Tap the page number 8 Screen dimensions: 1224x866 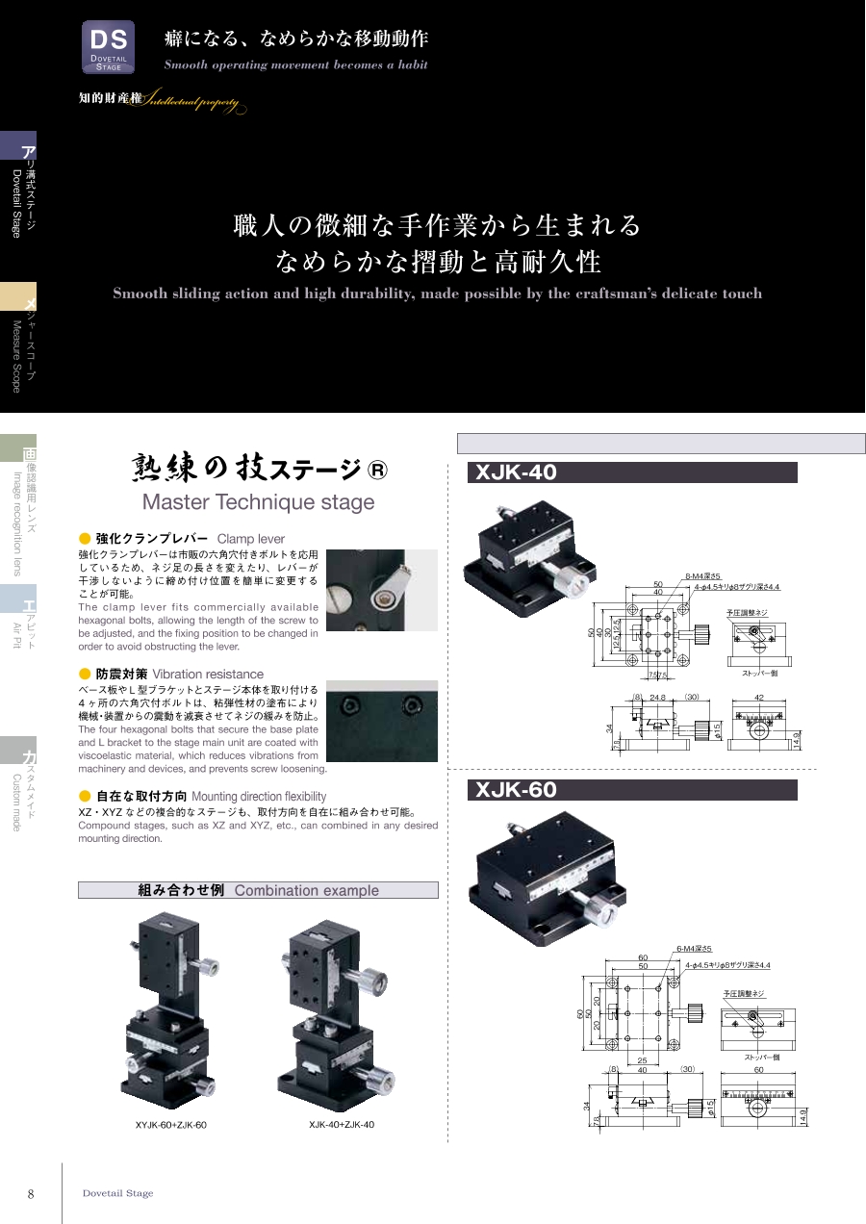click(x=31, y=1194)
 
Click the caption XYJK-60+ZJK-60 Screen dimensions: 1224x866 click(x=170, y=1124)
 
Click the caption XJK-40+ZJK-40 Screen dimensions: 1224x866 click(x=342, y=1124)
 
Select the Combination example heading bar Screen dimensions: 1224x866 click(x=258, y=890)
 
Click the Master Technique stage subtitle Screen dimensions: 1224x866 click(x=258, y=502)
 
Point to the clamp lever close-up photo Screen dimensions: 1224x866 click(x=381, y=590)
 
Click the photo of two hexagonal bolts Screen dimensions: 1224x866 click(x=381, y=721)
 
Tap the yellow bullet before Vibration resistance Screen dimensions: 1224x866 click(x=85, y=674)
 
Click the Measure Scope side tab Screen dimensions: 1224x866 click(x=17, y=337)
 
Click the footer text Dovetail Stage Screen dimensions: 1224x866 click(x=117, y=1193)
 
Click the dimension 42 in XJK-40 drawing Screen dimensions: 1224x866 click(x=759, y=698)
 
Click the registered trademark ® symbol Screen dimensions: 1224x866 click(x=378, y=471)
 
